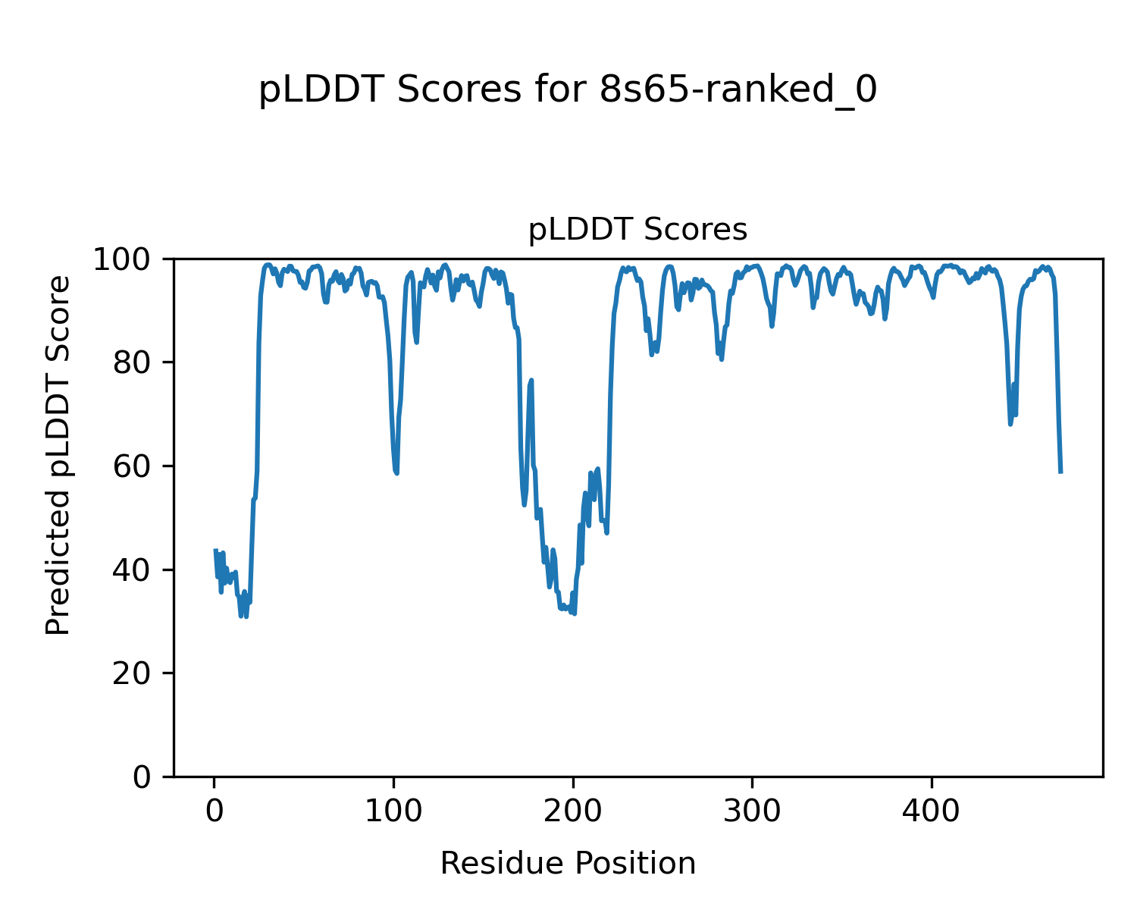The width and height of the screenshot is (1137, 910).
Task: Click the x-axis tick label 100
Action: (393, 811)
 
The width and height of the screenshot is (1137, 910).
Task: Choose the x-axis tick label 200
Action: (573, 811)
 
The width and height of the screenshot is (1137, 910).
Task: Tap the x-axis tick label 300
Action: (752, 811)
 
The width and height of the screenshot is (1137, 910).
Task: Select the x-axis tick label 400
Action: (931, 811)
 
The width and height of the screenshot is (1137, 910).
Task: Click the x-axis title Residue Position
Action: (568, 864)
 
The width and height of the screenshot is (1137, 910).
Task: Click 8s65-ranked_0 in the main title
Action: (738, 91)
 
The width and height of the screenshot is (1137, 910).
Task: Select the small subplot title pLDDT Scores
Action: (637, 230)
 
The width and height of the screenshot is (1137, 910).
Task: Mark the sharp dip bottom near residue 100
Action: (396, 473)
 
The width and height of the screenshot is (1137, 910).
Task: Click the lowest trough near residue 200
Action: (575, 613)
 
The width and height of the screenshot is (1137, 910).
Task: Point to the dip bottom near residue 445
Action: (1010, 424)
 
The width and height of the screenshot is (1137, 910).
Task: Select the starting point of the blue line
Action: (215, 550)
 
